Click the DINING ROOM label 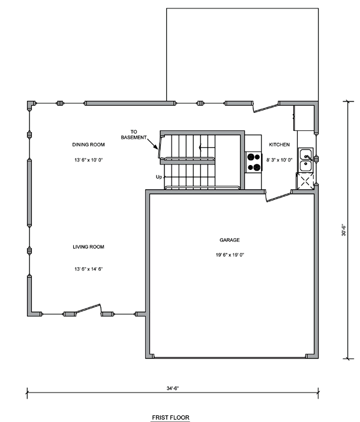(88, 145)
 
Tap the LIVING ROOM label (88, 247)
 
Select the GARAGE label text (230, 240)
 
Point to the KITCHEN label (279, 145)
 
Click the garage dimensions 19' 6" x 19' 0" (230, 255)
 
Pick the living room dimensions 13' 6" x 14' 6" (89, 268)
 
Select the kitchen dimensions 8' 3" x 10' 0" (279, 160)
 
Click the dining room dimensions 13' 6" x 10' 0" (89, 160)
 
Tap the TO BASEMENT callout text (134, 134)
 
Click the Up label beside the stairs (159, 177)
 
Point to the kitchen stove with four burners (254, 162)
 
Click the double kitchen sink (306, 160)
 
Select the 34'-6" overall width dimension (172, 388)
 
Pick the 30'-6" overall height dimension (344, 230)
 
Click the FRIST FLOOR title (170, 417)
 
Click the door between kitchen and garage (278, 196)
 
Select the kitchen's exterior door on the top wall (265, 107)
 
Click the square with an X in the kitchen (305, 182)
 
